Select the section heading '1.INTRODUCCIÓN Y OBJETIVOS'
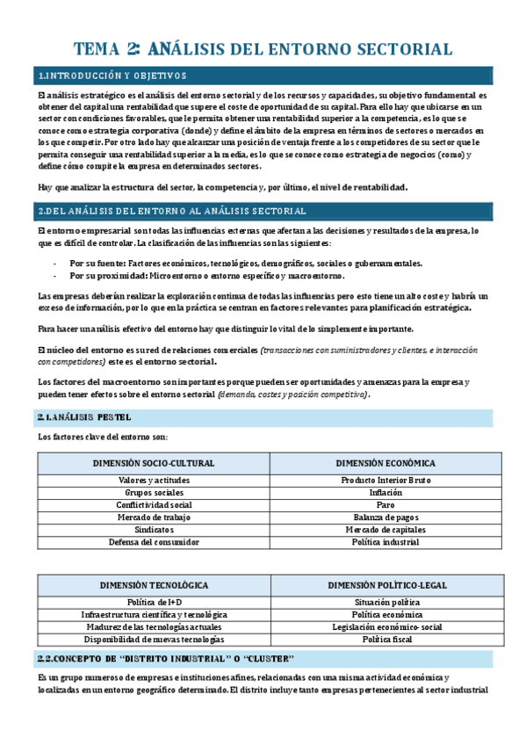pyautogui.click(x=112, y=76)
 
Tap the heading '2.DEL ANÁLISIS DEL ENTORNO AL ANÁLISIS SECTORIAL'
pyautogui.click(x=172, y=211)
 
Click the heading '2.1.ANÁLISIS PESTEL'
pyautogui.click(x=84, y=416)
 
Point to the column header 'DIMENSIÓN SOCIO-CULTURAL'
pyautogui.click(x=154, y=463)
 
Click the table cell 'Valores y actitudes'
pyautogui.click(x=154, y=481)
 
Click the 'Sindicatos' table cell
pyautogui.click(x=154, y=530)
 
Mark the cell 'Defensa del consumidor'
pyautogui.click(x=154, y=542)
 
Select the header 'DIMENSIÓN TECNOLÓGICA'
pyautogui.click(x=154, y=584)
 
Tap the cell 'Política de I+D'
pyautogui.click(x=154, y=602)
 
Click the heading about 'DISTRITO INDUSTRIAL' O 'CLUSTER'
pyautogui.click(x=167, y=659)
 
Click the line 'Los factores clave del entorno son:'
pyautogui.click(x=102, y=437)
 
